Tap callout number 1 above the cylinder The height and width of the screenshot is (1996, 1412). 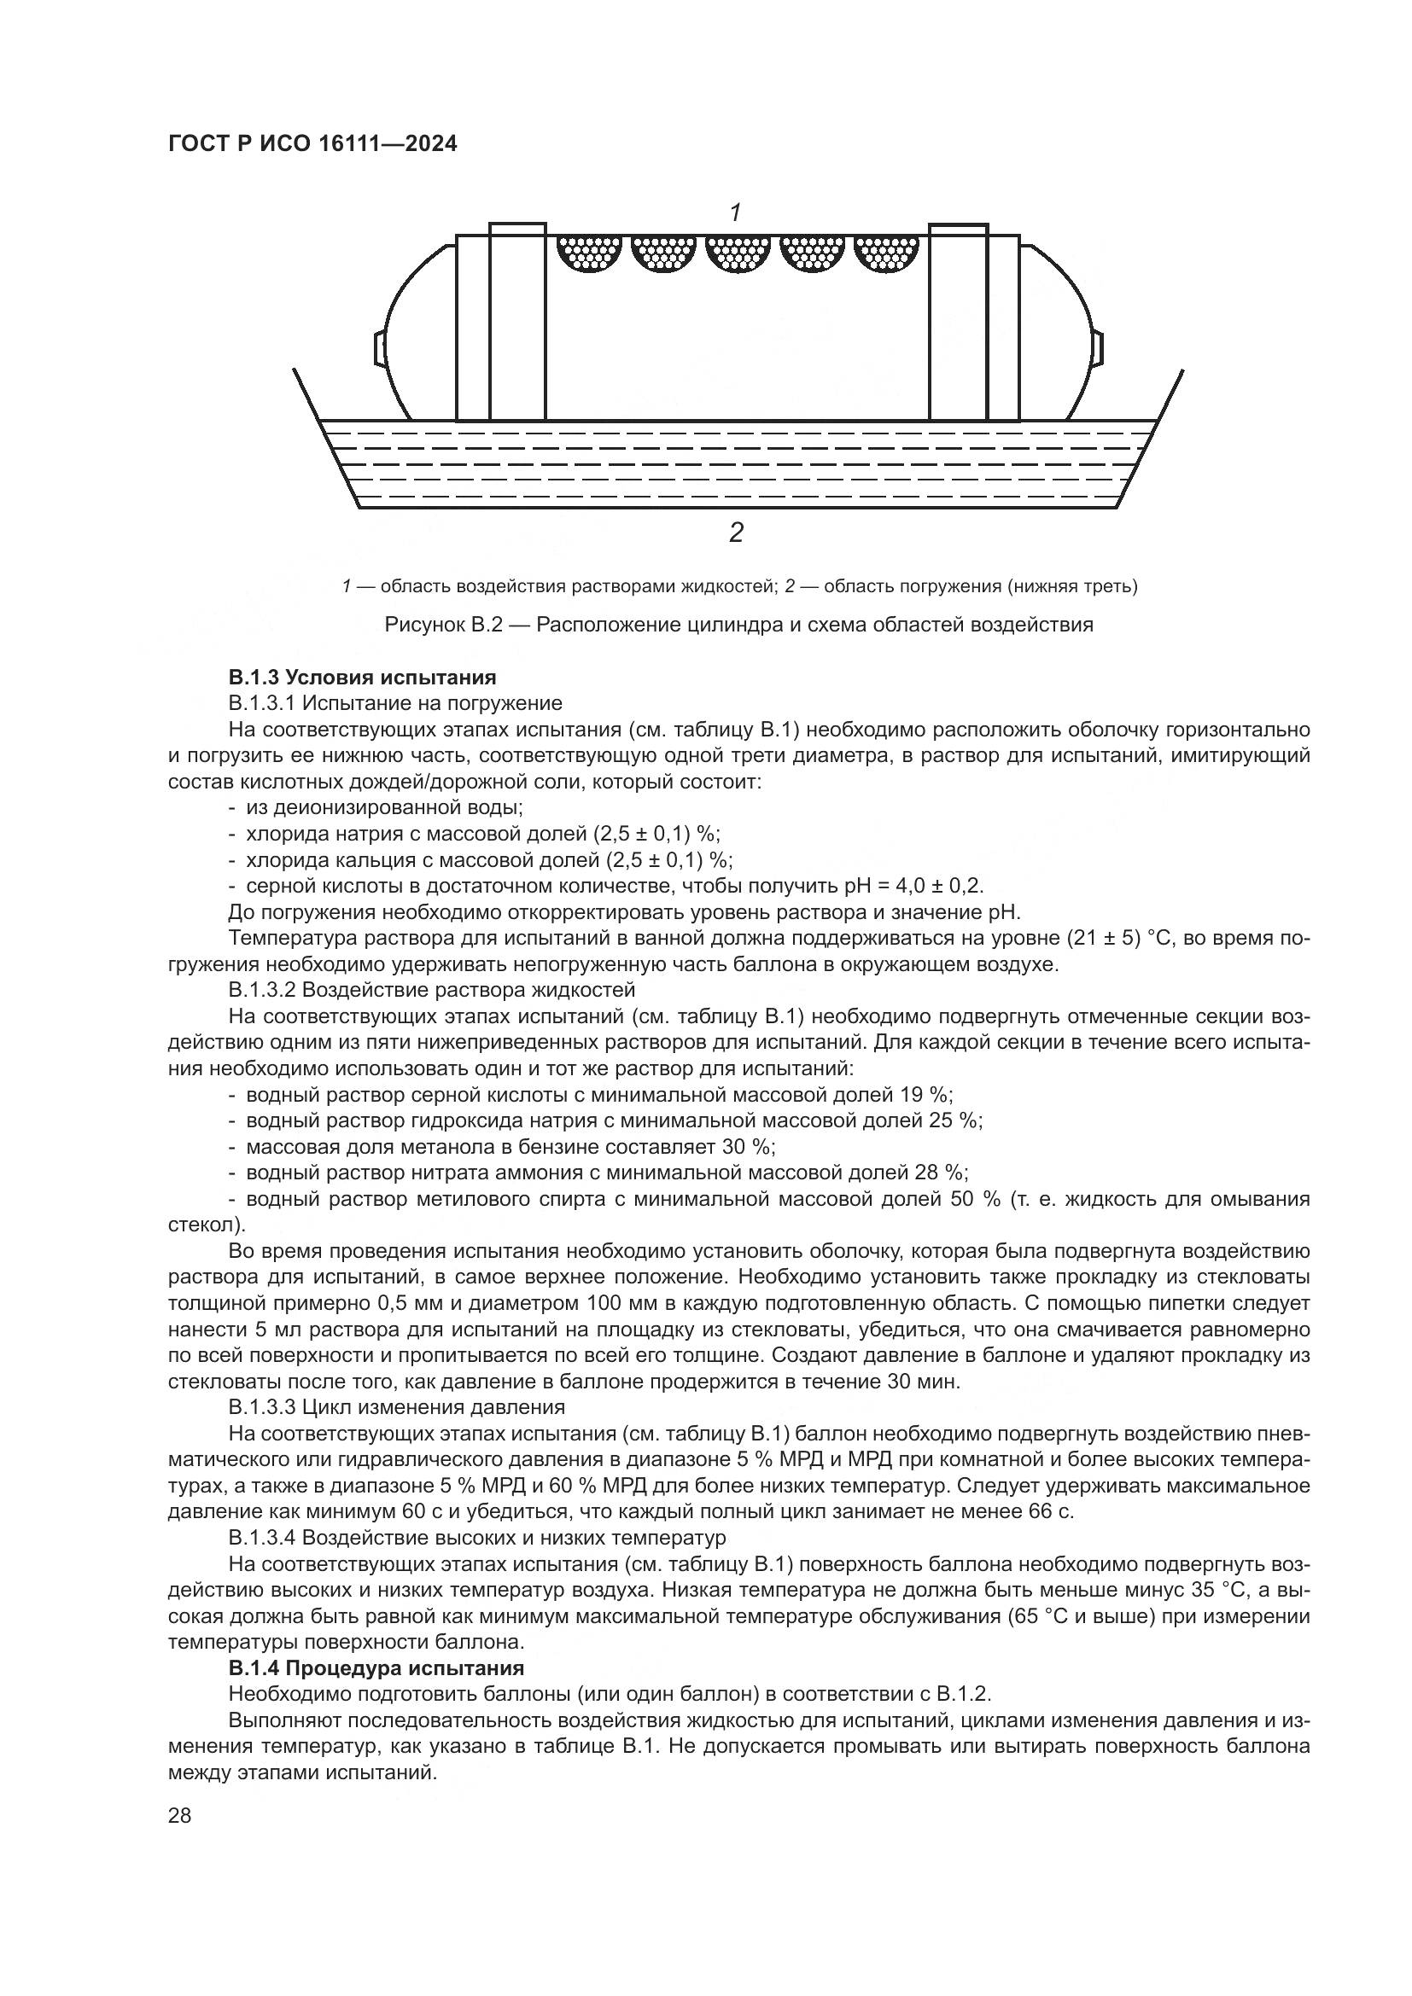click(736, 212)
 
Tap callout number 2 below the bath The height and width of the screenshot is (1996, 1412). click(736, 532)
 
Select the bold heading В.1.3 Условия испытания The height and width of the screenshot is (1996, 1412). click(362, 677)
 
